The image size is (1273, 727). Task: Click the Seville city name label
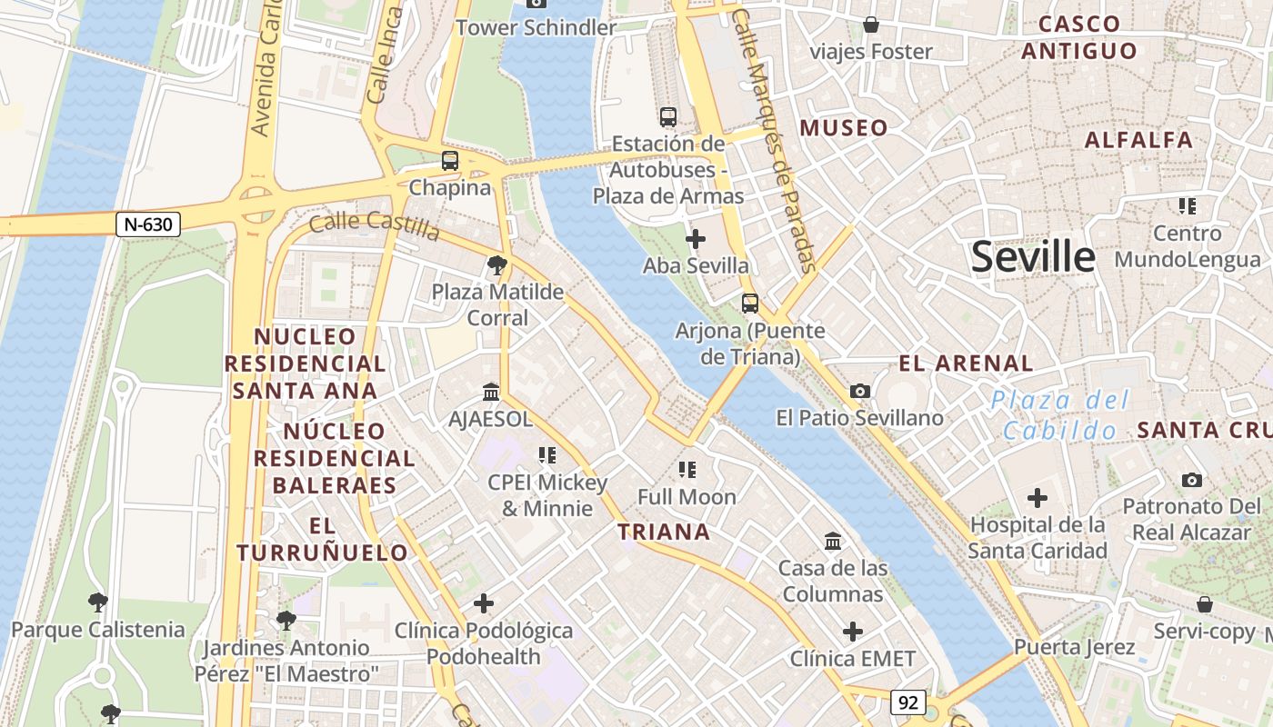pos(1033,257)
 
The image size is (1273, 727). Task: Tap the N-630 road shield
pos(148,224)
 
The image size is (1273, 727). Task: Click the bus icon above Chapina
pos(450,161)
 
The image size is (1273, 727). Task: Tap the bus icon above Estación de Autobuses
pos(668,117)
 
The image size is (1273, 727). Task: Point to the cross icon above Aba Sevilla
pos(696,239)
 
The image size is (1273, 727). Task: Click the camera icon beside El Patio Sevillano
pos(859,391)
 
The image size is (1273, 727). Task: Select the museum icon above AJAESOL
pos(491,392)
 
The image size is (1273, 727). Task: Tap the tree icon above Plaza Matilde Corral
pos(496,265)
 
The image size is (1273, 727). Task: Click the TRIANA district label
pos(664,532)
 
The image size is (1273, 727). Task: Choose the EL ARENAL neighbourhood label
pos(966,363)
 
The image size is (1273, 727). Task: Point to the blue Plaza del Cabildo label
pos(1059,414)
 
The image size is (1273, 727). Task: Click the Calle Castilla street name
pos(375,226)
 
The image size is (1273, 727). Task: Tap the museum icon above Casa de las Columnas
pos(832,542)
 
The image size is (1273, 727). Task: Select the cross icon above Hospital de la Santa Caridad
pos(1037,498)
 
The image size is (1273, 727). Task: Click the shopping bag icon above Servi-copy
pos(1204,604)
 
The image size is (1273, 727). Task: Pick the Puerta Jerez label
pos(1074,647)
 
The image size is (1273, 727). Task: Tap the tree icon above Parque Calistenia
pos(97,602)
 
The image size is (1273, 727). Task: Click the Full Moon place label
pos(687,497)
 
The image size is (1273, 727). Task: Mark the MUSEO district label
pos(843,128)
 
